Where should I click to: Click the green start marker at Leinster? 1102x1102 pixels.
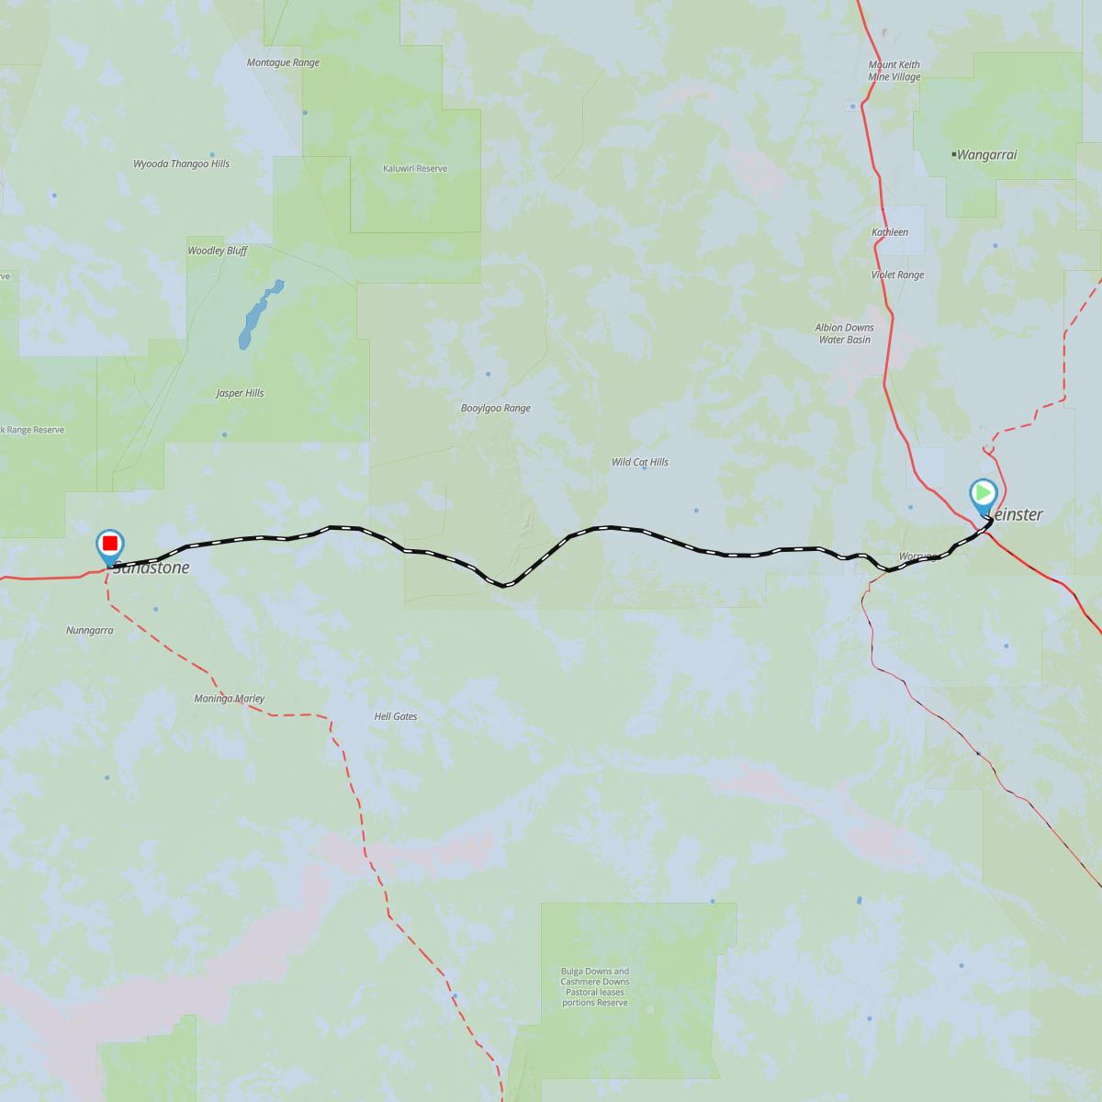983,493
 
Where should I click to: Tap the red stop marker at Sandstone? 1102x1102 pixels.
109,544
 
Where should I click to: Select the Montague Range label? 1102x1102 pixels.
283,62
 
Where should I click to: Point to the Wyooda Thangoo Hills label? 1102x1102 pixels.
182,163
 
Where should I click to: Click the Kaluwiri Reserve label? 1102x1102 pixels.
415,169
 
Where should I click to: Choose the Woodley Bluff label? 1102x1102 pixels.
217,250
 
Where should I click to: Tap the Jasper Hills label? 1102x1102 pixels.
240,393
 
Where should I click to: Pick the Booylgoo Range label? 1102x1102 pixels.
496,409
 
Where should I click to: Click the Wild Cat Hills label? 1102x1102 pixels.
640,462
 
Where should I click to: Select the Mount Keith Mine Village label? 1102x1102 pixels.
894,71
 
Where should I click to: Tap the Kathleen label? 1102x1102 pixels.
890,232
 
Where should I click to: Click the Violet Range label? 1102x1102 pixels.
897,275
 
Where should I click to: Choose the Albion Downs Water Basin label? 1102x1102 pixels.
844,333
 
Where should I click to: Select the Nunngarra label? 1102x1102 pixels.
89,631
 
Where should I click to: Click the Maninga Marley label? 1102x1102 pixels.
230,699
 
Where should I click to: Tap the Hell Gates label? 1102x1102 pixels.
396,715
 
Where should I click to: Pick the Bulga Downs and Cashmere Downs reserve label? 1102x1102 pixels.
595,986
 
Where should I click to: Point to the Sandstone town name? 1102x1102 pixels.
152,568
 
